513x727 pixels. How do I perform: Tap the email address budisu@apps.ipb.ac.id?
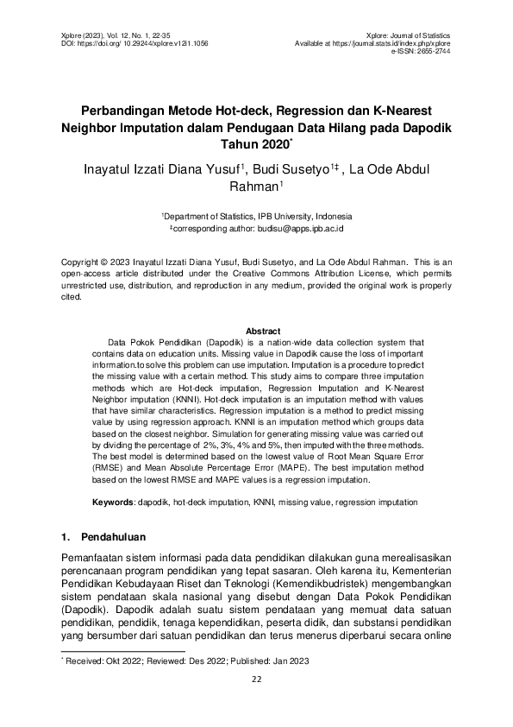click(298, 230)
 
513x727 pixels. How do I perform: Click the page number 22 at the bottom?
click(256, 679)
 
